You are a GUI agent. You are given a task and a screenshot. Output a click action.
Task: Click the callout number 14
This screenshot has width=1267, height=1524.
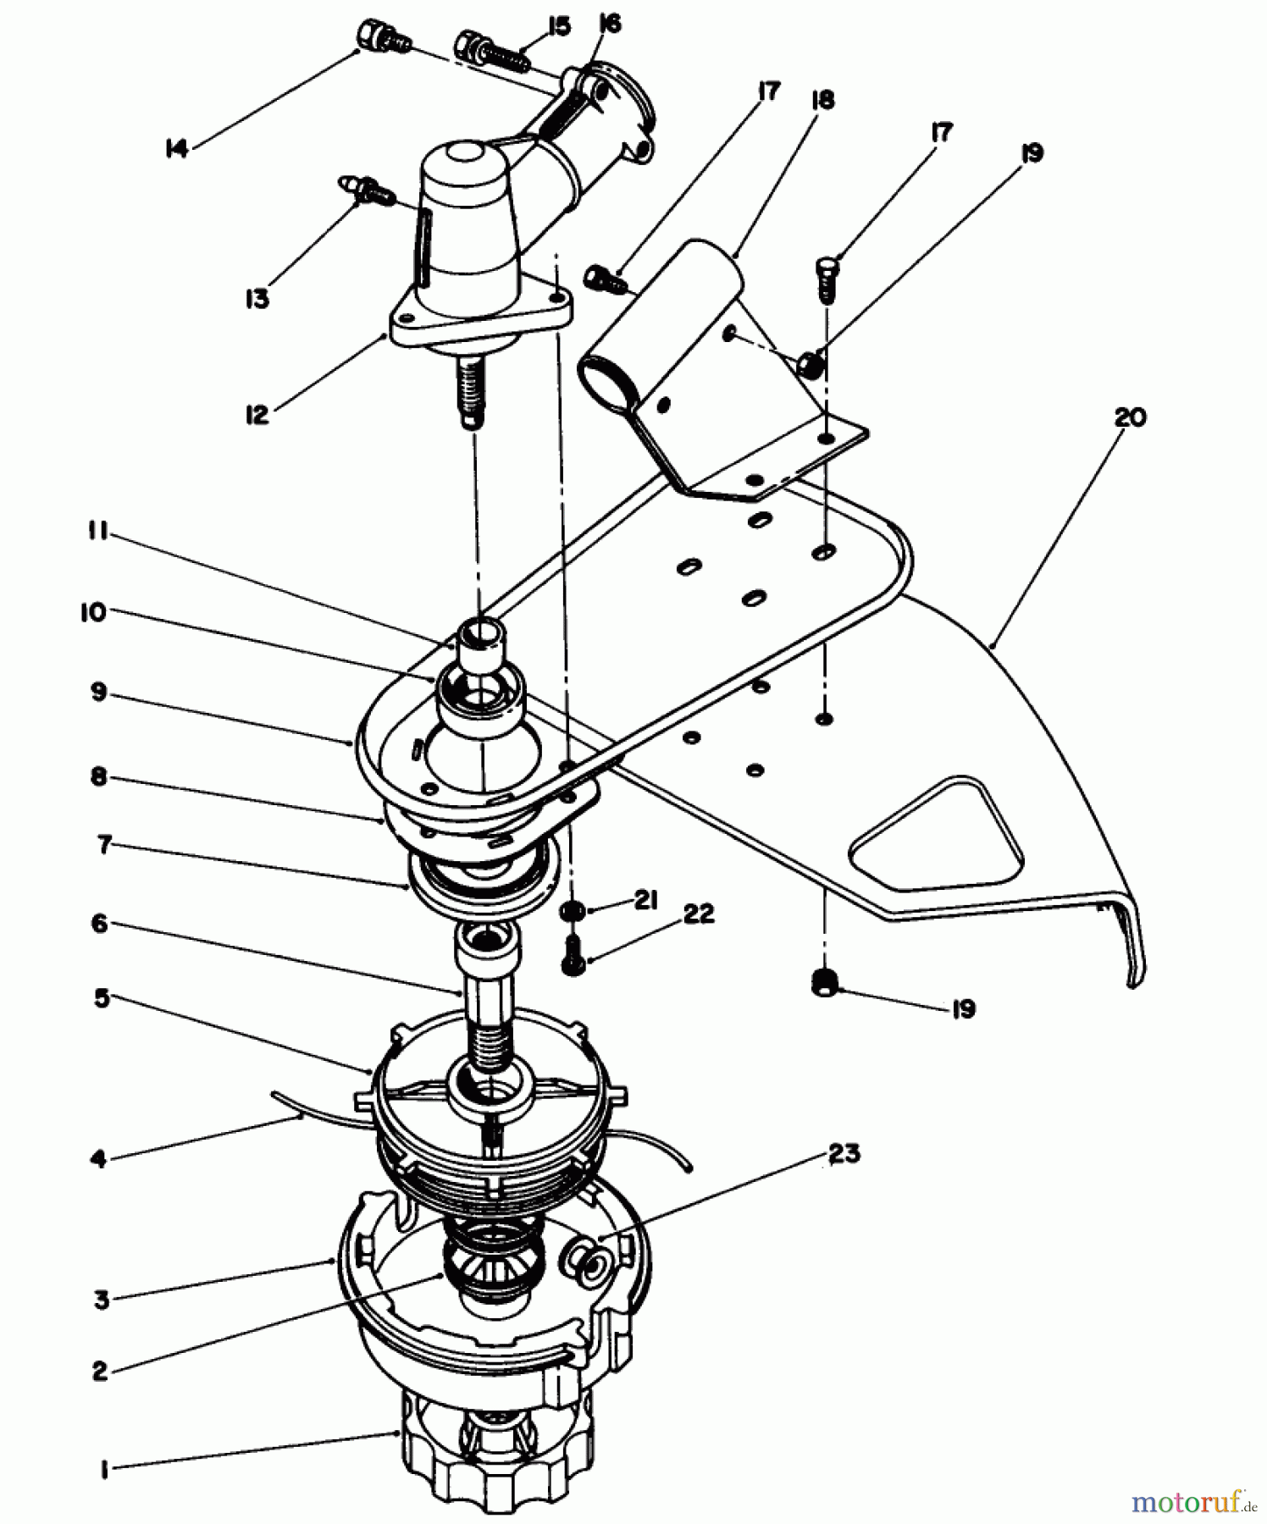(175, 150)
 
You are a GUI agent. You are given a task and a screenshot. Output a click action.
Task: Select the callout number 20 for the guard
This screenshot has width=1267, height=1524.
(1130, 417)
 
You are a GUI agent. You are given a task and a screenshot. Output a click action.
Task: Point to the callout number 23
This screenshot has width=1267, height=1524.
(844, 1153)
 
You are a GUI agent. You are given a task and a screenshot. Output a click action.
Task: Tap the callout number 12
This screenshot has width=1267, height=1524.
(257, 415)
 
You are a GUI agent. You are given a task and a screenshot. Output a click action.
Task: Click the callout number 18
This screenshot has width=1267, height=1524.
(822, 100)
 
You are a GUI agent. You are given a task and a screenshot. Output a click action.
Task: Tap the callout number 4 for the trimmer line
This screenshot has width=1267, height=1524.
(99, 1158)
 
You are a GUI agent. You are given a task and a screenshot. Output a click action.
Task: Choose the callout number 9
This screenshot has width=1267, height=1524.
(99, 693)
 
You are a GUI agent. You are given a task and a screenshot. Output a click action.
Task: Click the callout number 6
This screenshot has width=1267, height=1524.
(99, 923)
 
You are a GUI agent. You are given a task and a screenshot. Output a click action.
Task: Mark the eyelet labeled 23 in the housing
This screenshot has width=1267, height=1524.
(584, 1256)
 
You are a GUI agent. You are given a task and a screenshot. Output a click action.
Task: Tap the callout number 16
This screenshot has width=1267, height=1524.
(609, 24)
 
